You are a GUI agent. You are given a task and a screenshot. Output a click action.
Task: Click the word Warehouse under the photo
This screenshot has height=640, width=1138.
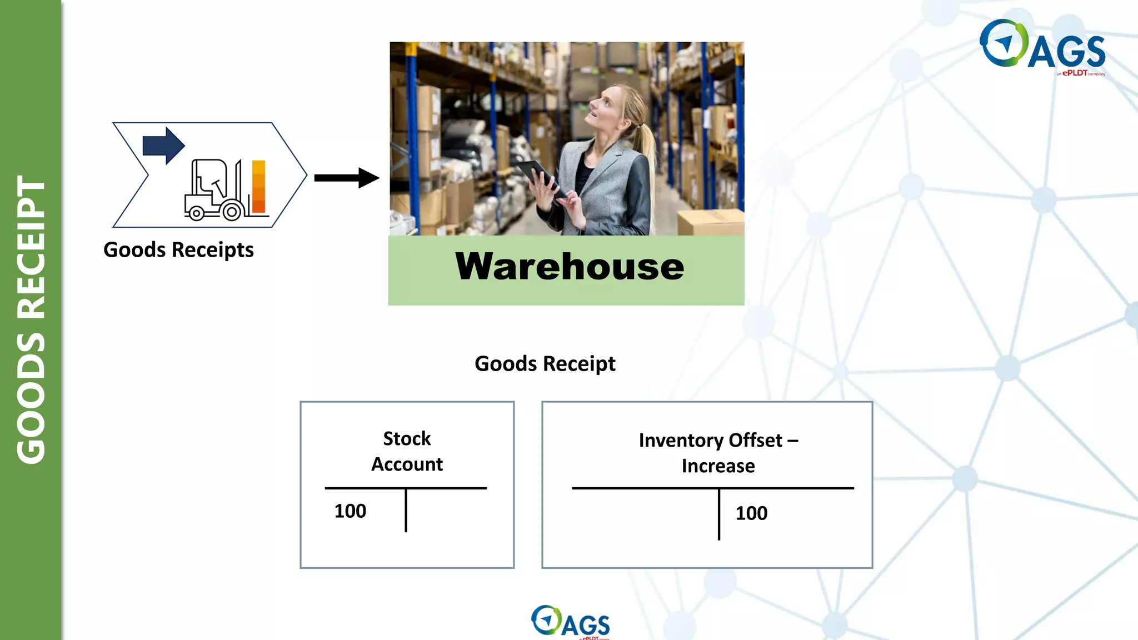(570, 267)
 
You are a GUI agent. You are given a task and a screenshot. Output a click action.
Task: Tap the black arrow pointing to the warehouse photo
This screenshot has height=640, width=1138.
(346, 178)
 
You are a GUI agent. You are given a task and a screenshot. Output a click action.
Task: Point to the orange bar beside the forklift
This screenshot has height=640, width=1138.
(258, 187)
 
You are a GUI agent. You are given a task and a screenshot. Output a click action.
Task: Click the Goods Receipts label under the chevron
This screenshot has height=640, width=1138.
(178, 250)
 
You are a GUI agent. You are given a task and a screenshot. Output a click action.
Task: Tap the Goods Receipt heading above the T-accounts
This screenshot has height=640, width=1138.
(545, 364)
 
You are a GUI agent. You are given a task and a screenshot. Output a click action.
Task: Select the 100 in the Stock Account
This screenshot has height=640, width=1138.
(350, 511)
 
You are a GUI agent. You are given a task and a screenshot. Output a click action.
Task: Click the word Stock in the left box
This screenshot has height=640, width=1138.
(407, 439)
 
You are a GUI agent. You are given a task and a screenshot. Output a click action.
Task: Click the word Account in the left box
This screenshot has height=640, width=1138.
(407, 464)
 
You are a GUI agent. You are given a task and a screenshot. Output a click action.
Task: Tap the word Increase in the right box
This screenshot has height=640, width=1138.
(718, 466)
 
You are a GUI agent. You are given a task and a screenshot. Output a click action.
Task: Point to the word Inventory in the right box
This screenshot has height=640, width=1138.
(681, 441)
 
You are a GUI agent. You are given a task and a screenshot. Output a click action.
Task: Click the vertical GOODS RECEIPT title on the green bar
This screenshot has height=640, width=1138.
(31, 319)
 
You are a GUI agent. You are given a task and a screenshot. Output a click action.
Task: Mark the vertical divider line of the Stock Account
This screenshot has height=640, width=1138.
(406, 510)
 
